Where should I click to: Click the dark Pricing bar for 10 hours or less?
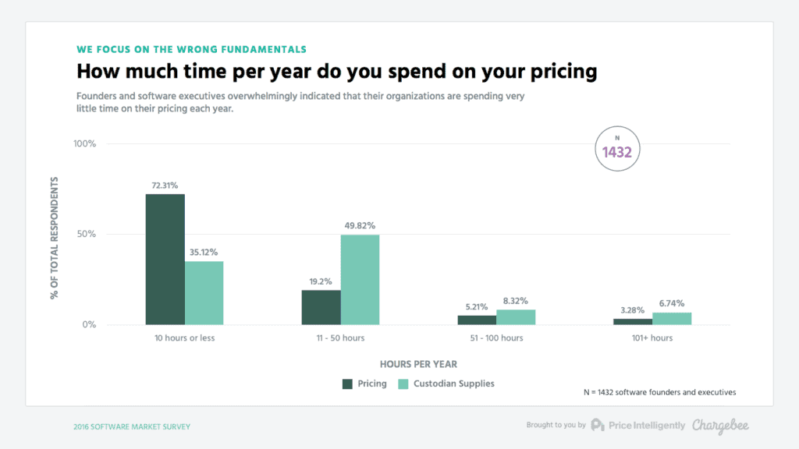coord(165,259)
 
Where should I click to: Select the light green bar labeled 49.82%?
coord(360,279)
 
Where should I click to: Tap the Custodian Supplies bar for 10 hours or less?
coord(204,292)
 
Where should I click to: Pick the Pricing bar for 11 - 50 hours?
coord(321,307)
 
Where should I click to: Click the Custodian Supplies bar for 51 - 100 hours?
coord(516,317)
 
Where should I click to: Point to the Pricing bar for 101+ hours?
coord(633,321)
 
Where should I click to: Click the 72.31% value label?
coord(165,186)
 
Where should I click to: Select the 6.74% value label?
coord(672,304)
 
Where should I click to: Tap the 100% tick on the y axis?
coord(84,144)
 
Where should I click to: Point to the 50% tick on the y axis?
coord(86,235)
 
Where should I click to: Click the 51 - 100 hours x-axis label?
coord(496,338)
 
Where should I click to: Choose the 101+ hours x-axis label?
coord(652,338)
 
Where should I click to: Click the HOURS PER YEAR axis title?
coord(418,364)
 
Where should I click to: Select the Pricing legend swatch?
coord(348,384)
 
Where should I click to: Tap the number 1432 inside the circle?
coord(616,152)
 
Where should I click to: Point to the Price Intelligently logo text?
coord(647,425)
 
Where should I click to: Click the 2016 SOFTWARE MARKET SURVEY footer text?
coord(131,426)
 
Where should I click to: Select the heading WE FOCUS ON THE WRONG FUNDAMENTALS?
coord(191,49)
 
